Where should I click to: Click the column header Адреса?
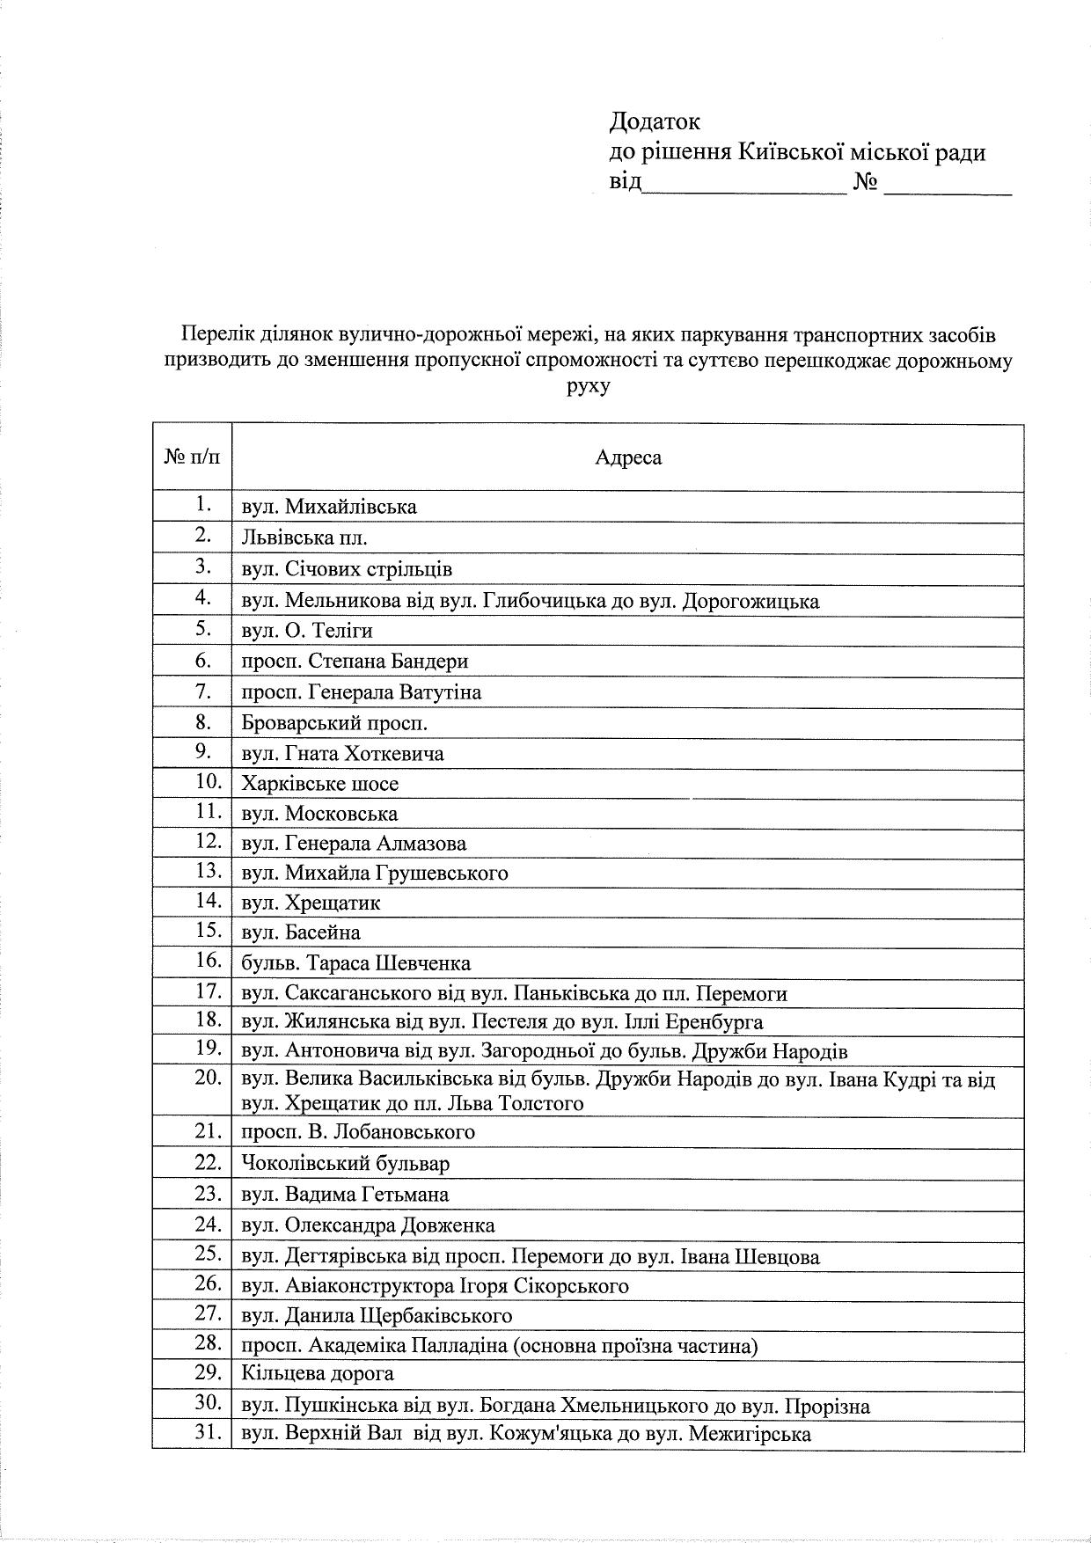(627, 457)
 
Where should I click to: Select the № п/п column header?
(192, 457)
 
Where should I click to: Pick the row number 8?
(203, 722)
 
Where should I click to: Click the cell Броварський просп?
(334, 723)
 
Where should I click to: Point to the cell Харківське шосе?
(320, 783)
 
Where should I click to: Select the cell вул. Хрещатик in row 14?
(311, 903)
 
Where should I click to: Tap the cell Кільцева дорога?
(318, 1372)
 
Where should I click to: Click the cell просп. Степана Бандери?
(355, 661)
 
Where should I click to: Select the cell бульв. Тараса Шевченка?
(355, 962)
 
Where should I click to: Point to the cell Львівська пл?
(304, 537)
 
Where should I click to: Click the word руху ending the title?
(589, 385)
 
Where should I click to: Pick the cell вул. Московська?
(319, 814)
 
